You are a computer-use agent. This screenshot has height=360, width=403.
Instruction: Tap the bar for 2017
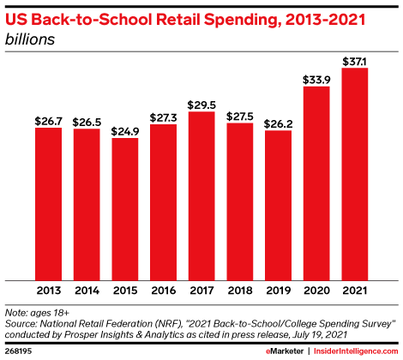201,195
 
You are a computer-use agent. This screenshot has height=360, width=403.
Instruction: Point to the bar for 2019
279,205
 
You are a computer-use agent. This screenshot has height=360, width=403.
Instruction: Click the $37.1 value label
355,59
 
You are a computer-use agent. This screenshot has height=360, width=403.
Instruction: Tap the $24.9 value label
125,129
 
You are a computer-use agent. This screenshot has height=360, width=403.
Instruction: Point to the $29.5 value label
201,103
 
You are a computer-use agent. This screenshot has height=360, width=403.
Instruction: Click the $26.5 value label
87,120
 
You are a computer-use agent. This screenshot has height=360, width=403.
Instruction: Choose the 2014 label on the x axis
87,291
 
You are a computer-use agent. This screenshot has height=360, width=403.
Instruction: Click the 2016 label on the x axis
163,291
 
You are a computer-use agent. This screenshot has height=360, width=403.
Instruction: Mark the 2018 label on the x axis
240,291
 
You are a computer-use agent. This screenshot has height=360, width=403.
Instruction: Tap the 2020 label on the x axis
316,291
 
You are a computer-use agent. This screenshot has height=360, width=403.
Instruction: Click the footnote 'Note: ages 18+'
39,313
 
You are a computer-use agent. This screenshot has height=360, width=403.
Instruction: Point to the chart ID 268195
18,351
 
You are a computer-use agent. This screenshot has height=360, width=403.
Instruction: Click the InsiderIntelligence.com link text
355,351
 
